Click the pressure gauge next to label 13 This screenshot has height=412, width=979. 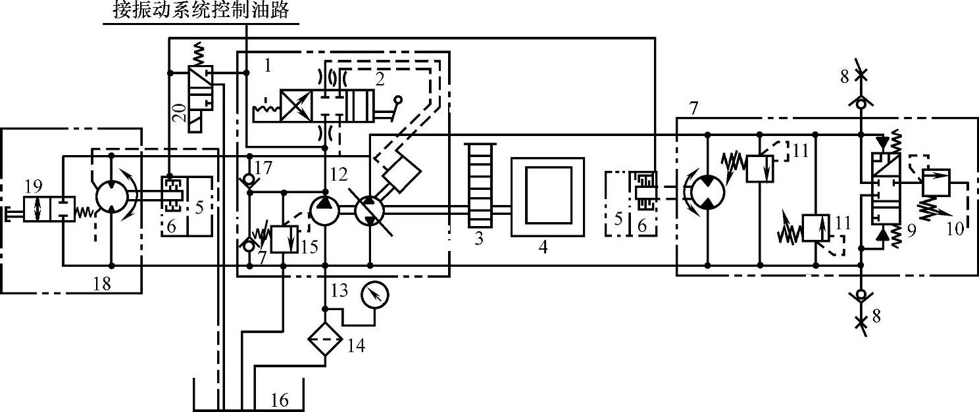coord(374,296)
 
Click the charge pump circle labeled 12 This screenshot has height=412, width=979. coord(325,210)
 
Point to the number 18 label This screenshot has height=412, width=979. coord(103,284)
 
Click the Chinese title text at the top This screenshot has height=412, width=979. coord(201,11)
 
